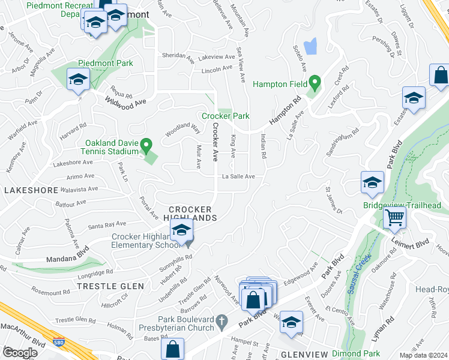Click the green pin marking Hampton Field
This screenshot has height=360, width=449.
314,82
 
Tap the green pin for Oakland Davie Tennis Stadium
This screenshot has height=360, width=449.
145,145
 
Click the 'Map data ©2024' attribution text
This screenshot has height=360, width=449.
423,355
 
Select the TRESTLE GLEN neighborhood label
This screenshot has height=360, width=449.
110,286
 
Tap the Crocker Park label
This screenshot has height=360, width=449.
225,116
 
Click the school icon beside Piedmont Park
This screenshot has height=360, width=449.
78,80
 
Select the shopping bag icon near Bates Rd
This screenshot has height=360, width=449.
173,349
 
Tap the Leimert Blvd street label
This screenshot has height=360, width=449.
414,242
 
